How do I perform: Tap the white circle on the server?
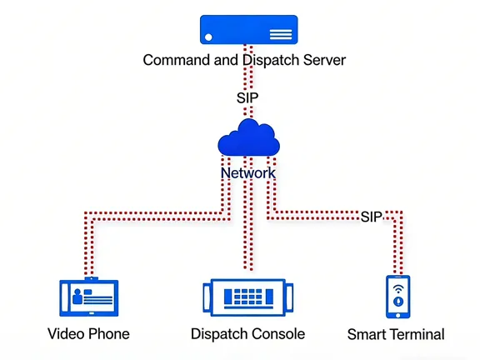tap(208, 37)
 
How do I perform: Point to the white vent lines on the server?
tap(281, 34)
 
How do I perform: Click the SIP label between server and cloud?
tap(248, 98)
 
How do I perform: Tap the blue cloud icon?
tap(247, 138)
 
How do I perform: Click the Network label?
tap(247, 173)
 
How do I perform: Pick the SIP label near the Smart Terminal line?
tap(372, 217)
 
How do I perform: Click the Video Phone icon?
tap(88, 297)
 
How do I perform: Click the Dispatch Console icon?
tap(247, 297)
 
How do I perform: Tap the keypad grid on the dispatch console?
tap(247, 297)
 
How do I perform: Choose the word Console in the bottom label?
tap(277, 334)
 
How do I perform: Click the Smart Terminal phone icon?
tap(397, 297)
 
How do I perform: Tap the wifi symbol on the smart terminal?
tap(397, 287)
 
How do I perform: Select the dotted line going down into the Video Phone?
tap(86, 250)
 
